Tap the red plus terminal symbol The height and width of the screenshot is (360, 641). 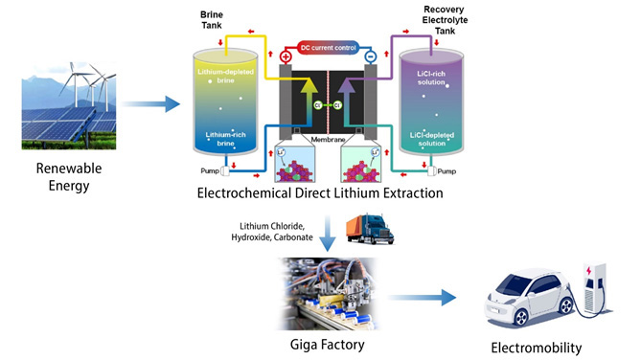[286, 56]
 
